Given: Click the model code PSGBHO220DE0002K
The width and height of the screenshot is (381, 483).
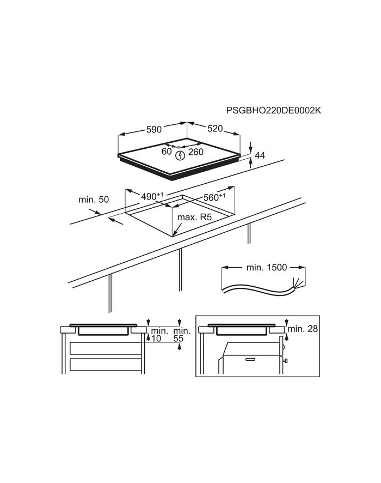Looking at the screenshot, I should [x=274, y=110].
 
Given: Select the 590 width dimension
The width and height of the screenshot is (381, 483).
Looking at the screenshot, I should [x=153, y=130].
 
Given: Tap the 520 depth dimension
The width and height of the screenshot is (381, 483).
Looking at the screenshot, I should [x=215, y=129].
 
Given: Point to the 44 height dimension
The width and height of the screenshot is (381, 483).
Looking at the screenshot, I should [x=260, y=156].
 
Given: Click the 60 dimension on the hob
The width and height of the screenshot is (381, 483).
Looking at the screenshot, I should [x=167, y=152].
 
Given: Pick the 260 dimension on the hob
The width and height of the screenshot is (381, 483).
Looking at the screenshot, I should [x=195, y=152].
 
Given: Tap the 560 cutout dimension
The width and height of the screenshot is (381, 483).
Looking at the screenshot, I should [x=214, y=197].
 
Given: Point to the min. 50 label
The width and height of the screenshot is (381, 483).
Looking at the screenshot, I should [x=95, y=200].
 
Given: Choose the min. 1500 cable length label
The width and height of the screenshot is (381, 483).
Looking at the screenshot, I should [x=265, y=268].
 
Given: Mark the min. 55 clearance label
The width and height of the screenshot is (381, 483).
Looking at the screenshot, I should [x=182, y=335].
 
